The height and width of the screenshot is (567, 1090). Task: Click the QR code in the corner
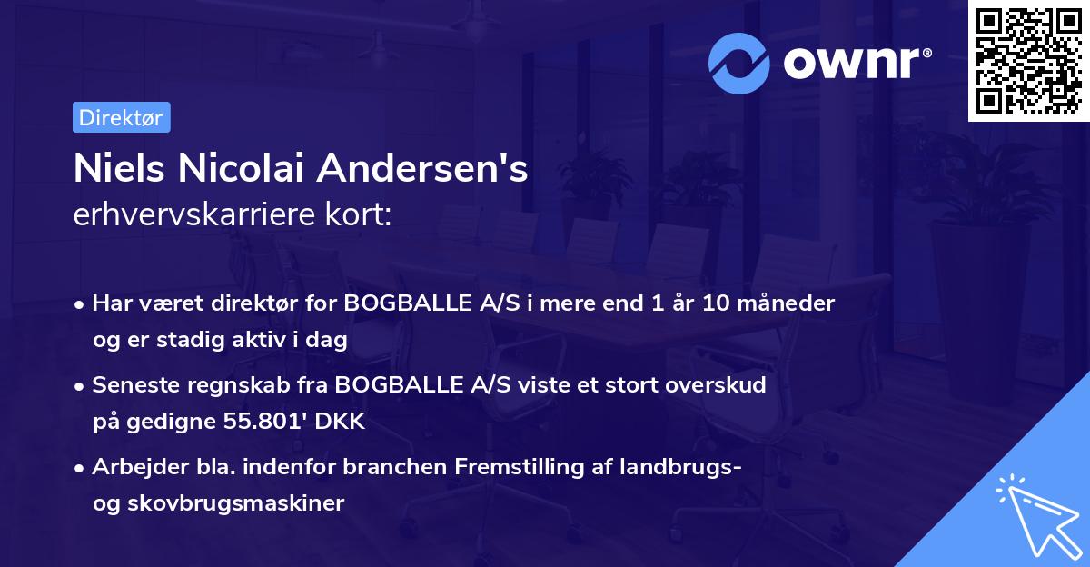tap(1028, 61)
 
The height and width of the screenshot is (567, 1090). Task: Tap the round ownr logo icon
tap(739, 63)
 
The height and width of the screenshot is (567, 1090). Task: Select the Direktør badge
tap(121, 117)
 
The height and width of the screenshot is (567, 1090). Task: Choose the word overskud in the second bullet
tap(721, 384)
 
